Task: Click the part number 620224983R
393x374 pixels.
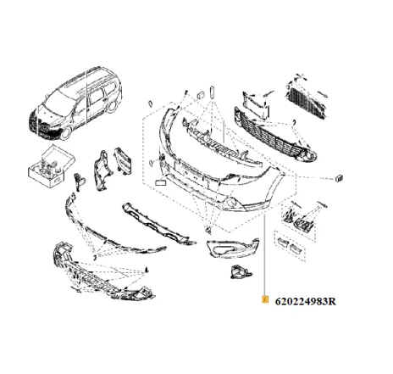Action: tap(310, 301)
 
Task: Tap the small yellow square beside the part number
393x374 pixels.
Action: tap(266, 300)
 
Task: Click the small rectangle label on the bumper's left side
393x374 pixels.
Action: tap(160, 181)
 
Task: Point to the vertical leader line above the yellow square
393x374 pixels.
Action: tap(266, 254)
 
